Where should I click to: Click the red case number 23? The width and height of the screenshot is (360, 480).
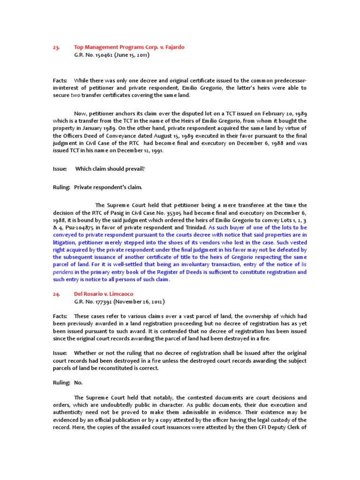56,47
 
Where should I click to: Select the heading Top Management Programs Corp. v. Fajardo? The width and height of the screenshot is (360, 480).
129,47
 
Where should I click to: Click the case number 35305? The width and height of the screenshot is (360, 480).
166,213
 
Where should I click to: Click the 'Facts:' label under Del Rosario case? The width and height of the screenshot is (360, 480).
60,316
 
